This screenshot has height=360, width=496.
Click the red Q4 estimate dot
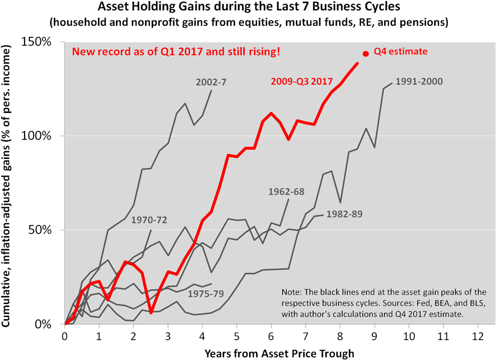tap(366, 54)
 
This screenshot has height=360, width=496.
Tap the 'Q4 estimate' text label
tap(400, 52)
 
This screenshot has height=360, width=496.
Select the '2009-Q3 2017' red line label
tap(301, 81)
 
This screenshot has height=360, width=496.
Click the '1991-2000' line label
tap(419, 82)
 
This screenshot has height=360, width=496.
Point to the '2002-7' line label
tap(210, 82)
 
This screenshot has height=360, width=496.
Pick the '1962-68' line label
tap(286, 192)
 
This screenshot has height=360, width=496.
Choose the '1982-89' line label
tap(344, 214)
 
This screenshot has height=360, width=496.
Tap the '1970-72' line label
tap(149, 221)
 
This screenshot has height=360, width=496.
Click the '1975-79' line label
tap(206, 294)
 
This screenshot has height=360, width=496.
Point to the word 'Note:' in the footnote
tap(292, 293)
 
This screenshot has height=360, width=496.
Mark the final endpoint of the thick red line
tap(358, 63)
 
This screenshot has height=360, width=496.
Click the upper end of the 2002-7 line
tap(211, 90)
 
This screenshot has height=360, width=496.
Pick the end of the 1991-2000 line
tap(392, 83)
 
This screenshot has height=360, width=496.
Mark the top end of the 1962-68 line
tap(289, 200)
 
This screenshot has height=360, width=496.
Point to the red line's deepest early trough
tap(151, 313)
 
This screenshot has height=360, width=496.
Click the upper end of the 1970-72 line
tap(151, 230)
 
